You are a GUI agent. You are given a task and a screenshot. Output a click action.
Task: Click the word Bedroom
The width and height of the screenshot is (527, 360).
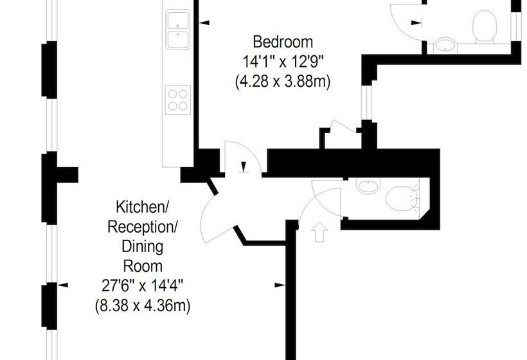(283, 42)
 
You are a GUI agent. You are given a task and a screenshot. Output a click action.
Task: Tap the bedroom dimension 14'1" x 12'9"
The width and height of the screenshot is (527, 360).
(283, 62)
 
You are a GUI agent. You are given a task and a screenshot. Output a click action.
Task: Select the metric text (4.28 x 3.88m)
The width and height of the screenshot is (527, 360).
(283, 82)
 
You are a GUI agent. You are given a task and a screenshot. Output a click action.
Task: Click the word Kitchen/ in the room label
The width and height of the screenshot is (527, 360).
(141, 207)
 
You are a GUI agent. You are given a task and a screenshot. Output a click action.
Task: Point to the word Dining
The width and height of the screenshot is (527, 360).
(143, 246)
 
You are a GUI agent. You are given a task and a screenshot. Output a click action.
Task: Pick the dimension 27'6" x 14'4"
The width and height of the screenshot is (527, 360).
(143, 286)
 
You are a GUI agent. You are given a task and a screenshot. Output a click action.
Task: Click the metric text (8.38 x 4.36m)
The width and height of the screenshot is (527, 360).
(143, 306)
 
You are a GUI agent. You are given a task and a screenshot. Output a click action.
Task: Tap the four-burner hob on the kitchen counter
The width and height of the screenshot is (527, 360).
(178, 100)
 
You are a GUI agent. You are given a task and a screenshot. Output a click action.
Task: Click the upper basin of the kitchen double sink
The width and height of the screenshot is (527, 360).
(178, 20)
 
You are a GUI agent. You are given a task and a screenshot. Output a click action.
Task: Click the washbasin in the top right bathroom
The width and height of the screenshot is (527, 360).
(445, 45)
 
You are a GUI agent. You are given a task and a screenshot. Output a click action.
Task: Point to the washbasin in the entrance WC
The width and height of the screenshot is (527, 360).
(368, 185)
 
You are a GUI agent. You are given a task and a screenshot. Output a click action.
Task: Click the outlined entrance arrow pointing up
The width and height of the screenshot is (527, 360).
(319, 231)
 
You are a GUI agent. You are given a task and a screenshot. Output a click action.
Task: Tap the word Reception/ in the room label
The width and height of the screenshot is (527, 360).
(142, 227)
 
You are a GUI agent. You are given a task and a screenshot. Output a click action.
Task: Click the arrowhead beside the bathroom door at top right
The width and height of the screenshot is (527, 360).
(416, 23)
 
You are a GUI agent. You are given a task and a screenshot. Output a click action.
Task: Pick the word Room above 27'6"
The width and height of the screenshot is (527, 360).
(143, 266)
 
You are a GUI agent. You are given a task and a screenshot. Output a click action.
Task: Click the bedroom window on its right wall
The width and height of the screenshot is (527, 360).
(367, 102)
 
